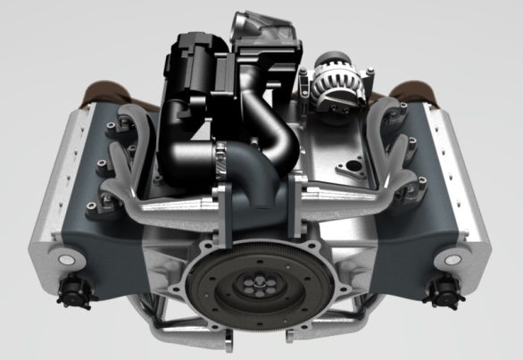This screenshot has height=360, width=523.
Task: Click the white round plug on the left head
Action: click(63, 260)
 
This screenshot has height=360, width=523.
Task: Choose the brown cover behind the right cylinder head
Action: click(412, 92)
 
